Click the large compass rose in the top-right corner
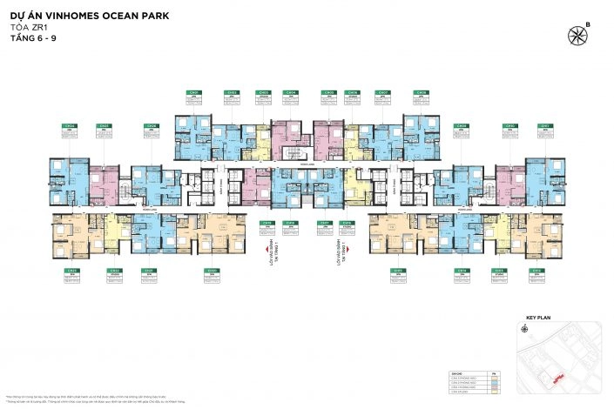pos(577,36)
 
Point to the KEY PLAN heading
pos(539,319)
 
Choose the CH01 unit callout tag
pos(194,92)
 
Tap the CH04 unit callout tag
pos(291,92)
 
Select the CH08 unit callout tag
pos(421,92)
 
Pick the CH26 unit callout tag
pos(152,126)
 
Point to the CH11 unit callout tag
pos(545,126)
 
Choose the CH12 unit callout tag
pos(545,271)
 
